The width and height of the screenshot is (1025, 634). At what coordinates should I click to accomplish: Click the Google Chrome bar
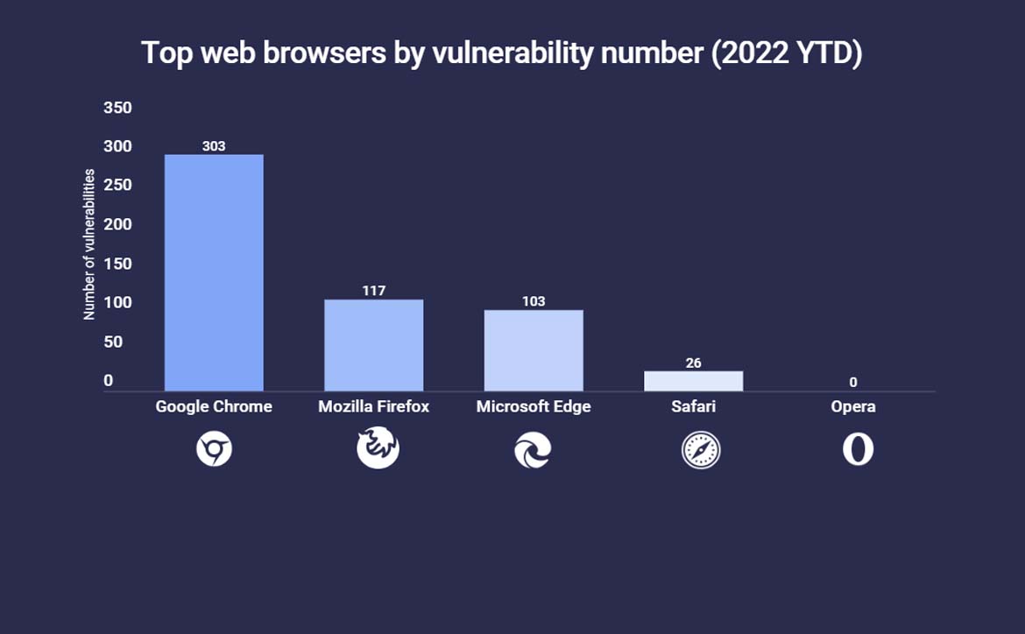coord(214,272)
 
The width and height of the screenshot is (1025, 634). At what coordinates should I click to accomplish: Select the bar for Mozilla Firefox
coord(373,345)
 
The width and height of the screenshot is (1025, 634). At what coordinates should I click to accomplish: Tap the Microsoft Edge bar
coord(533,350)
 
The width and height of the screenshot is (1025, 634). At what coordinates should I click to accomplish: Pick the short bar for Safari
coord(693,381)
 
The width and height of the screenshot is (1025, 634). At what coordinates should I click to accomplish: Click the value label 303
coord(214,146)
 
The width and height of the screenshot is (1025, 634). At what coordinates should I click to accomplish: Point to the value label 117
coord(374,291)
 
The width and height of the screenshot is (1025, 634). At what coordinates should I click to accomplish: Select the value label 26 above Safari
coord(693,363)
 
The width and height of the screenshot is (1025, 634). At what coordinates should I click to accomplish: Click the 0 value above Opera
coord(852,383)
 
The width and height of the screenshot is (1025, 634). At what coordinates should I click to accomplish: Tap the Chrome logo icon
coord(214,451)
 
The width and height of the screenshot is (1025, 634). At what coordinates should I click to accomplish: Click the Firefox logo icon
coord(378,448)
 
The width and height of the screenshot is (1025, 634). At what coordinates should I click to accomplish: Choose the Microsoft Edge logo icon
coord(533,451)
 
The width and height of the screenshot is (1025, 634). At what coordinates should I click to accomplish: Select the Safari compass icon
coord(701,451)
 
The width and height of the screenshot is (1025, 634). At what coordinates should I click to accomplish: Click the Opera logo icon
coord(858,449)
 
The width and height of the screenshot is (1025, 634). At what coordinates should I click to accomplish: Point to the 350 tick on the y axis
coord(117,108)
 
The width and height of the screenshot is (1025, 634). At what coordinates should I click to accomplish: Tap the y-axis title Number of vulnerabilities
coord(89,244)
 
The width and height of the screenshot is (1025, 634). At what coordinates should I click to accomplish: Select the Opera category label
coord(853,406)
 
